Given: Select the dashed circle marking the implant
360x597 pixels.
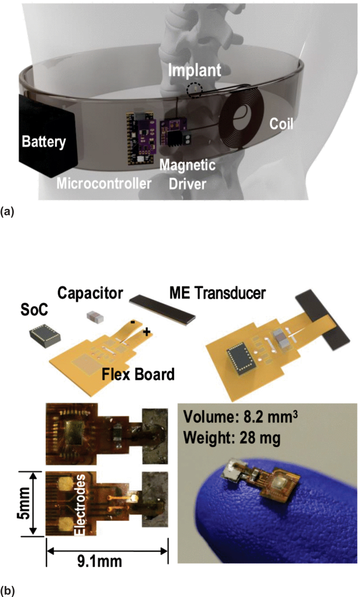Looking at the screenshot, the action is (194, 90).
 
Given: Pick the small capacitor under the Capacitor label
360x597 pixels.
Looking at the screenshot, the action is (95, 317).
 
